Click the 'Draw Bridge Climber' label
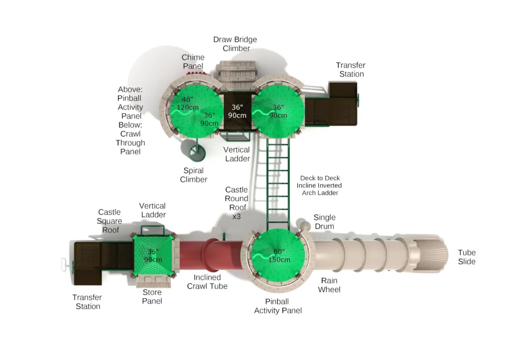point(235,44)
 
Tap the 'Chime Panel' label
point(193,62)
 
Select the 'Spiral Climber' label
point(194,175)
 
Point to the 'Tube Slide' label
point(467,257)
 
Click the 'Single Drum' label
point(324,222)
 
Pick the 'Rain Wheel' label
point(329,285)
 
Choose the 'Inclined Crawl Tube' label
point(207,282)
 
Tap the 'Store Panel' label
point(152,297)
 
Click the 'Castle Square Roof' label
point(109,221)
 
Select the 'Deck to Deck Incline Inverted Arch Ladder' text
point(319,185)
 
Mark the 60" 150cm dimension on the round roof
point(279,256)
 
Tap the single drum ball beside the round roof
point(305,225)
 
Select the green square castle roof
point(153,256)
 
